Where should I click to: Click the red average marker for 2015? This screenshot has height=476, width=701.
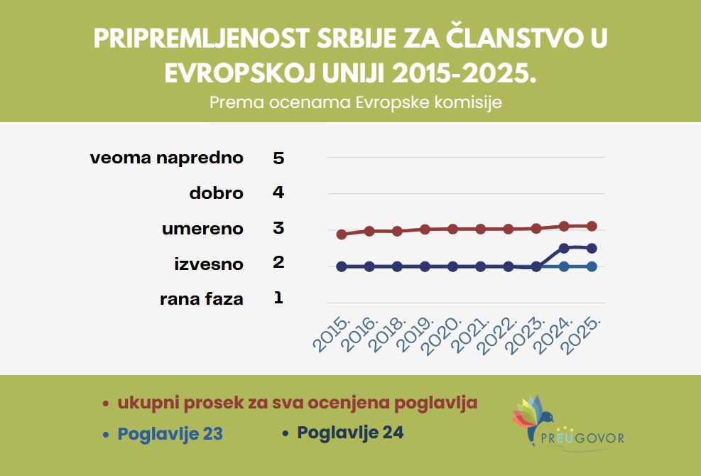pyautogui.click(x=342, y=234)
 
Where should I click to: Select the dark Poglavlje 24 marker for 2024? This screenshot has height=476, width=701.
pyautogui.click(x=564, y=248)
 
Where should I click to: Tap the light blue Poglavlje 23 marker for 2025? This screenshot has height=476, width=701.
pyautogui.click(x=592, y=266)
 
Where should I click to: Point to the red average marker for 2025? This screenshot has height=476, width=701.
pyautogui.click(x=592, y=226)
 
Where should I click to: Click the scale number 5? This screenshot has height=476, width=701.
pyautogui.click(x=278, y=158)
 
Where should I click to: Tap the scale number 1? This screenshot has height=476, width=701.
pyautogui.click(x=278, y=298)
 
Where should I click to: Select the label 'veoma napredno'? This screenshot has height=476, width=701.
pyautogui.click(x=167, y=158)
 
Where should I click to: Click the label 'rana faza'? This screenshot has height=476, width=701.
pyautogui.click(x=202, y=299)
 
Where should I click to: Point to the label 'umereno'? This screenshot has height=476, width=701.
pyautogui.click(x=202, y=229)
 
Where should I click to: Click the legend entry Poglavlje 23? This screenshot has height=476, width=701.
pyautogui.click(x=170, y=433)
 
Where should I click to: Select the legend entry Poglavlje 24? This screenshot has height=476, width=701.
pyautogui.click(x=350, y=432)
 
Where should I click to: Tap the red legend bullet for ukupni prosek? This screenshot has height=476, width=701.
pyautogui.click(x=105, y=404)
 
